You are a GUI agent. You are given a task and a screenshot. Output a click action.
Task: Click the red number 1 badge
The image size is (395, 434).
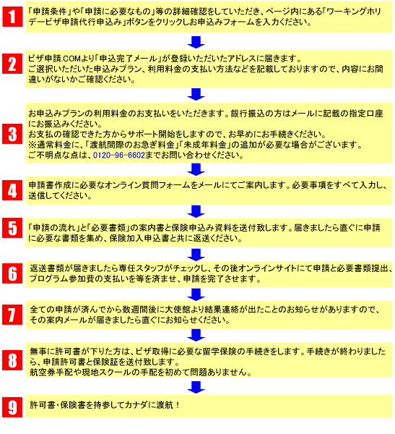point(12,17)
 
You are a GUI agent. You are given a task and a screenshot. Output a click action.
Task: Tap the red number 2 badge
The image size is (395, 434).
point(12,64)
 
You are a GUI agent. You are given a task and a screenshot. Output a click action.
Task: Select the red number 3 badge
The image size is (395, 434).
point(12,134)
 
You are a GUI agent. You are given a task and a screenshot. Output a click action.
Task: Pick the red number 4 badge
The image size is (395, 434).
point(12,190)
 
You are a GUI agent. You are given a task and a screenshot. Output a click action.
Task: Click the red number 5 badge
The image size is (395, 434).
point(12,228)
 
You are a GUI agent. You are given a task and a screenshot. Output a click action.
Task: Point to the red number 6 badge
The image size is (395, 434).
point(12,273)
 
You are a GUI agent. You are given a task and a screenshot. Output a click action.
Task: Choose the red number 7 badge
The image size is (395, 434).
point(12,315)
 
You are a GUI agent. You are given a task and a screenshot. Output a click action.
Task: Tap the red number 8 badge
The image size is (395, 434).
point(12,360)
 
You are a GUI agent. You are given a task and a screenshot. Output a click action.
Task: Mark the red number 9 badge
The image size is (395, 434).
point(12,407)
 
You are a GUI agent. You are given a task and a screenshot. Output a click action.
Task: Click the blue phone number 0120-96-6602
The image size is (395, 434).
point(119,156)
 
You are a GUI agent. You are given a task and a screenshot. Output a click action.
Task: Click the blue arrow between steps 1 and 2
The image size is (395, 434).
point(196,42)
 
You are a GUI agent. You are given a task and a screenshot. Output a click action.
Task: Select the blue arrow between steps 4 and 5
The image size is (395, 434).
point(196,212)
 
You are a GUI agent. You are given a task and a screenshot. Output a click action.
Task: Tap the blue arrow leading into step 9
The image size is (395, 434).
point(196,387)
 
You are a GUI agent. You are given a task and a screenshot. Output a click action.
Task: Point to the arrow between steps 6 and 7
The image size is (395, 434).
point(196,294)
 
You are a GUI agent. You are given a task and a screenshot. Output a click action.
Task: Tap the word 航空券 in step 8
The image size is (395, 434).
point(43,373)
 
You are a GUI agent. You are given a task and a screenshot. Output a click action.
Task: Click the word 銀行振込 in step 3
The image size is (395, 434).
point(247,114)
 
